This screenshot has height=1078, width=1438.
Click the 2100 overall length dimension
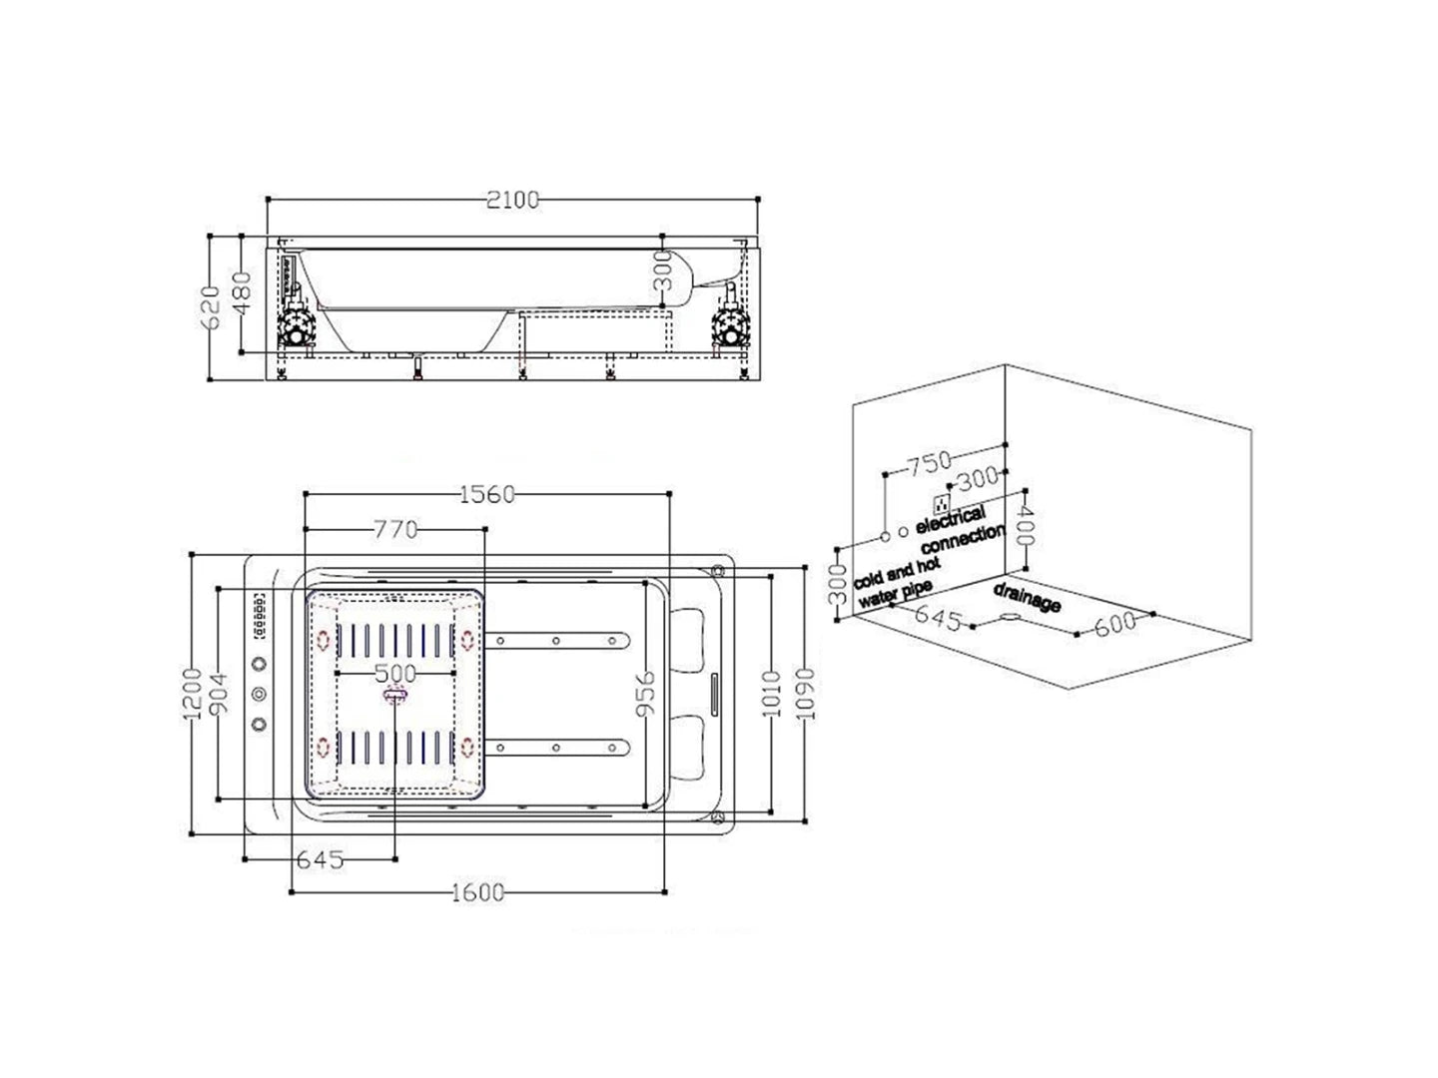(512, 200)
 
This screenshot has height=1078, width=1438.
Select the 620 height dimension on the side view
(210, 308)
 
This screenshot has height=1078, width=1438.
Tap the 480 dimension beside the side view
(241, 294)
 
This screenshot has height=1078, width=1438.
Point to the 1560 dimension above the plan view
(485, 493)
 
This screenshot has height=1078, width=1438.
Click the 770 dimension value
(395, 530)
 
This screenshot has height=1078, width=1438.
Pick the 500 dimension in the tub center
(396, 674)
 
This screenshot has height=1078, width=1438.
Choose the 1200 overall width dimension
(191, 695)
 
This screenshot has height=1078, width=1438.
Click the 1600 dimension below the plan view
(477, 892)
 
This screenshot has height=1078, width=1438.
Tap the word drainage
(1027, 598)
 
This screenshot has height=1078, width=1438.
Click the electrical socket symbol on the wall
(940, 500)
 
